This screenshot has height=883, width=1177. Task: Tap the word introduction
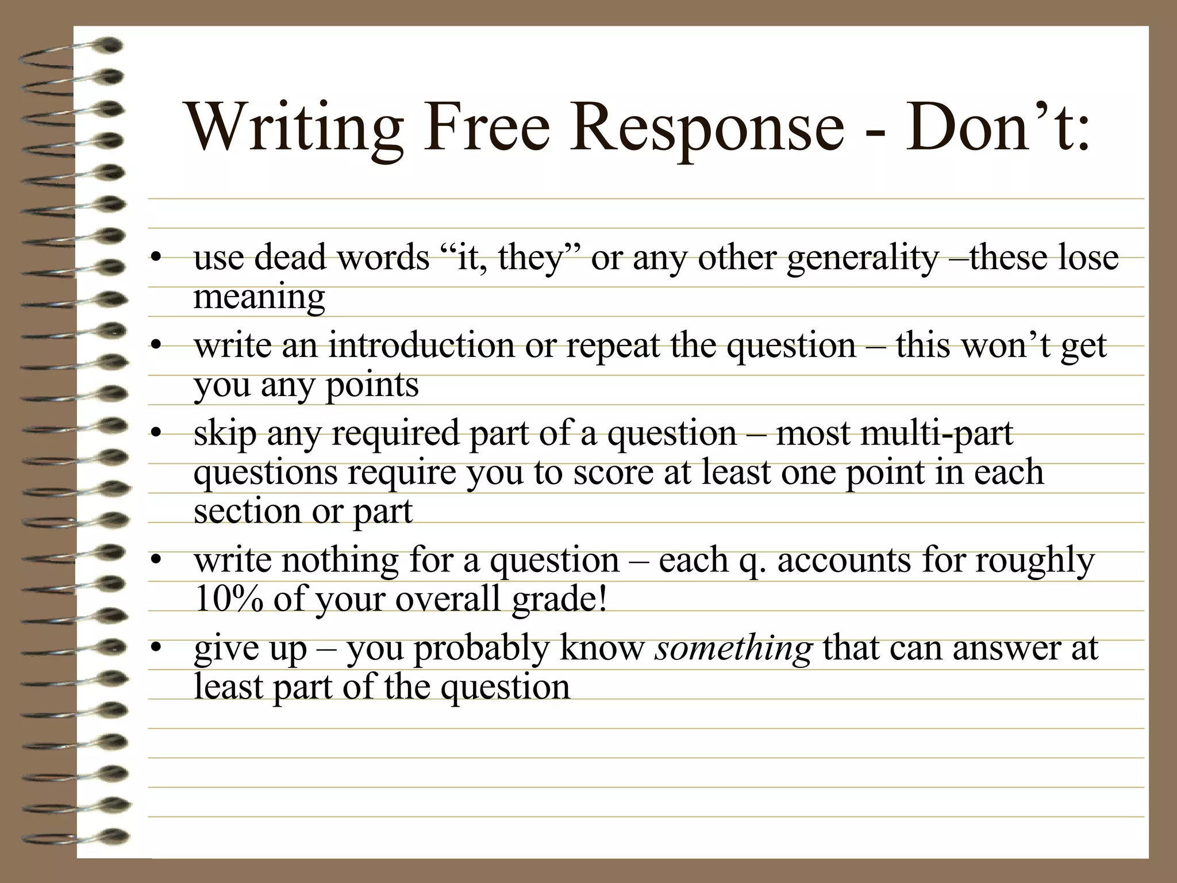pyautogui.click(x=421, y=346)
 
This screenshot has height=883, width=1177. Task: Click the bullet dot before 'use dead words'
pyautogui.click(x=155, y=258)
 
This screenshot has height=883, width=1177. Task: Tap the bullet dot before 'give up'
pyautogui.click(x=155, y=648)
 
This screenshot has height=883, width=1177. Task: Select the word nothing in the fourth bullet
pyautogui.click(x=339, y=561)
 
